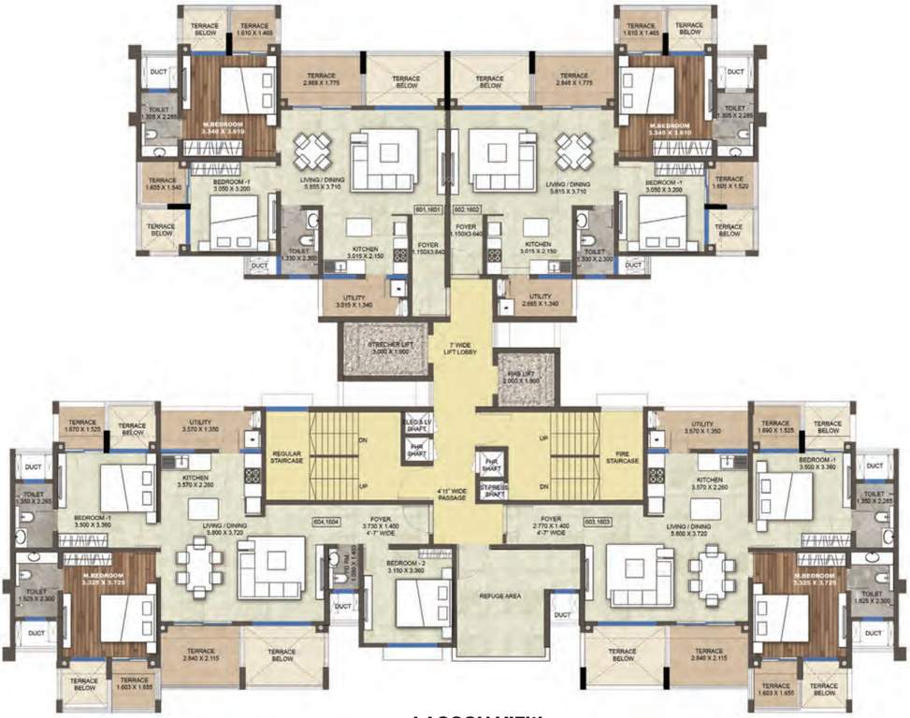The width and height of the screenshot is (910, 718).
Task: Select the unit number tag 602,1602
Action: [x=465, y=210]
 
